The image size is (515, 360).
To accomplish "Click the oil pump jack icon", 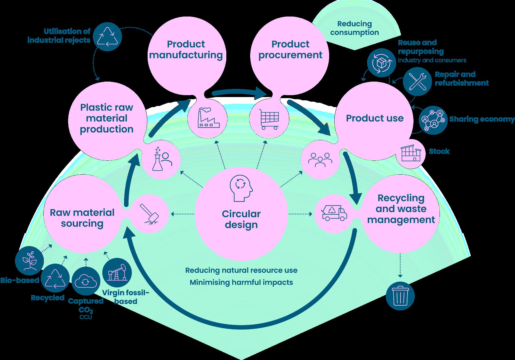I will pos(117,272).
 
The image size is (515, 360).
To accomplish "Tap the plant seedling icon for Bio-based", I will pos(29,260).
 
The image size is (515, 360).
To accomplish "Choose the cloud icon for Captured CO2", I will pos(86,281).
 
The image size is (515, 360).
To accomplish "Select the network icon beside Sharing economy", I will pos(433,120).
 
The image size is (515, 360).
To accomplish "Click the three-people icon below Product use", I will pos(320,160).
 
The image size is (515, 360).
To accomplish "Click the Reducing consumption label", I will pos(354,28).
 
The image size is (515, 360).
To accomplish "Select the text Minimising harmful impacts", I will pos(241,282).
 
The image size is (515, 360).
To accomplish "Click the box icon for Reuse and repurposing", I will pos(382,63).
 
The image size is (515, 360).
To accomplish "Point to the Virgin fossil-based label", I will pos(126,297).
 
